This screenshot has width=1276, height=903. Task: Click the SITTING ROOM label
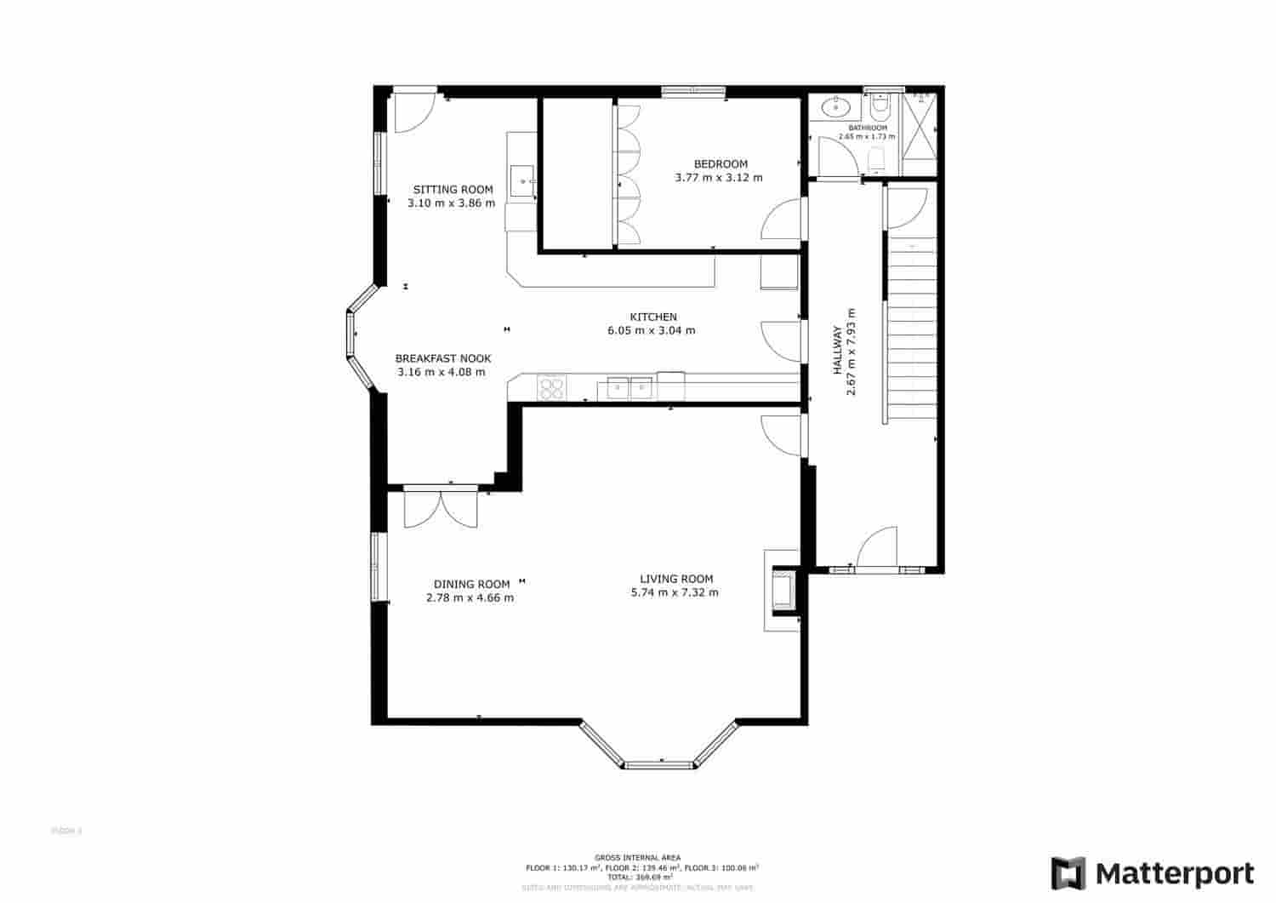(x=453, y=190)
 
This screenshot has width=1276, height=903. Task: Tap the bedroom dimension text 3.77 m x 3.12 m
(x=718, y=178)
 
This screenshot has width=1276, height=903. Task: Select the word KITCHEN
(x=652, y=317)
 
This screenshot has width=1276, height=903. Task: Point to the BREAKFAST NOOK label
(x=442, y=358)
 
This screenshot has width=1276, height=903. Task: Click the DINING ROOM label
(x=471, y=584)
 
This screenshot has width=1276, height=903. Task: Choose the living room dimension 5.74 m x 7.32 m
(x=674, y=592)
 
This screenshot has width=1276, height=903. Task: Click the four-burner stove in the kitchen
(x=551, y=387)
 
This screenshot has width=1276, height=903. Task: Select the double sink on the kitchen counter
(x=629, y=388)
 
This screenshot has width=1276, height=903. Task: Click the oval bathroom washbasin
(x=838, y=107)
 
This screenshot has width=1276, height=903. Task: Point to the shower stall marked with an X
(x=919, y=125)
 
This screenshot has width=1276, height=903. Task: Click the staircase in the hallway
(x=912, y=332)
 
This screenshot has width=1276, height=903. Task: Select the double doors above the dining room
(x=441, y=507)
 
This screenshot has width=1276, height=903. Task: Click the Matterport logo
(x=1152, y=874)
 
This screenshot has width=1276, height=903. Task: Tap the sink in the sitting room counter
(x=522, y=180)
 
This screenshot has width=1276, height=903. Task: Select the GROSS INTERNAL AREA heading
(x=638, y=858)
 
